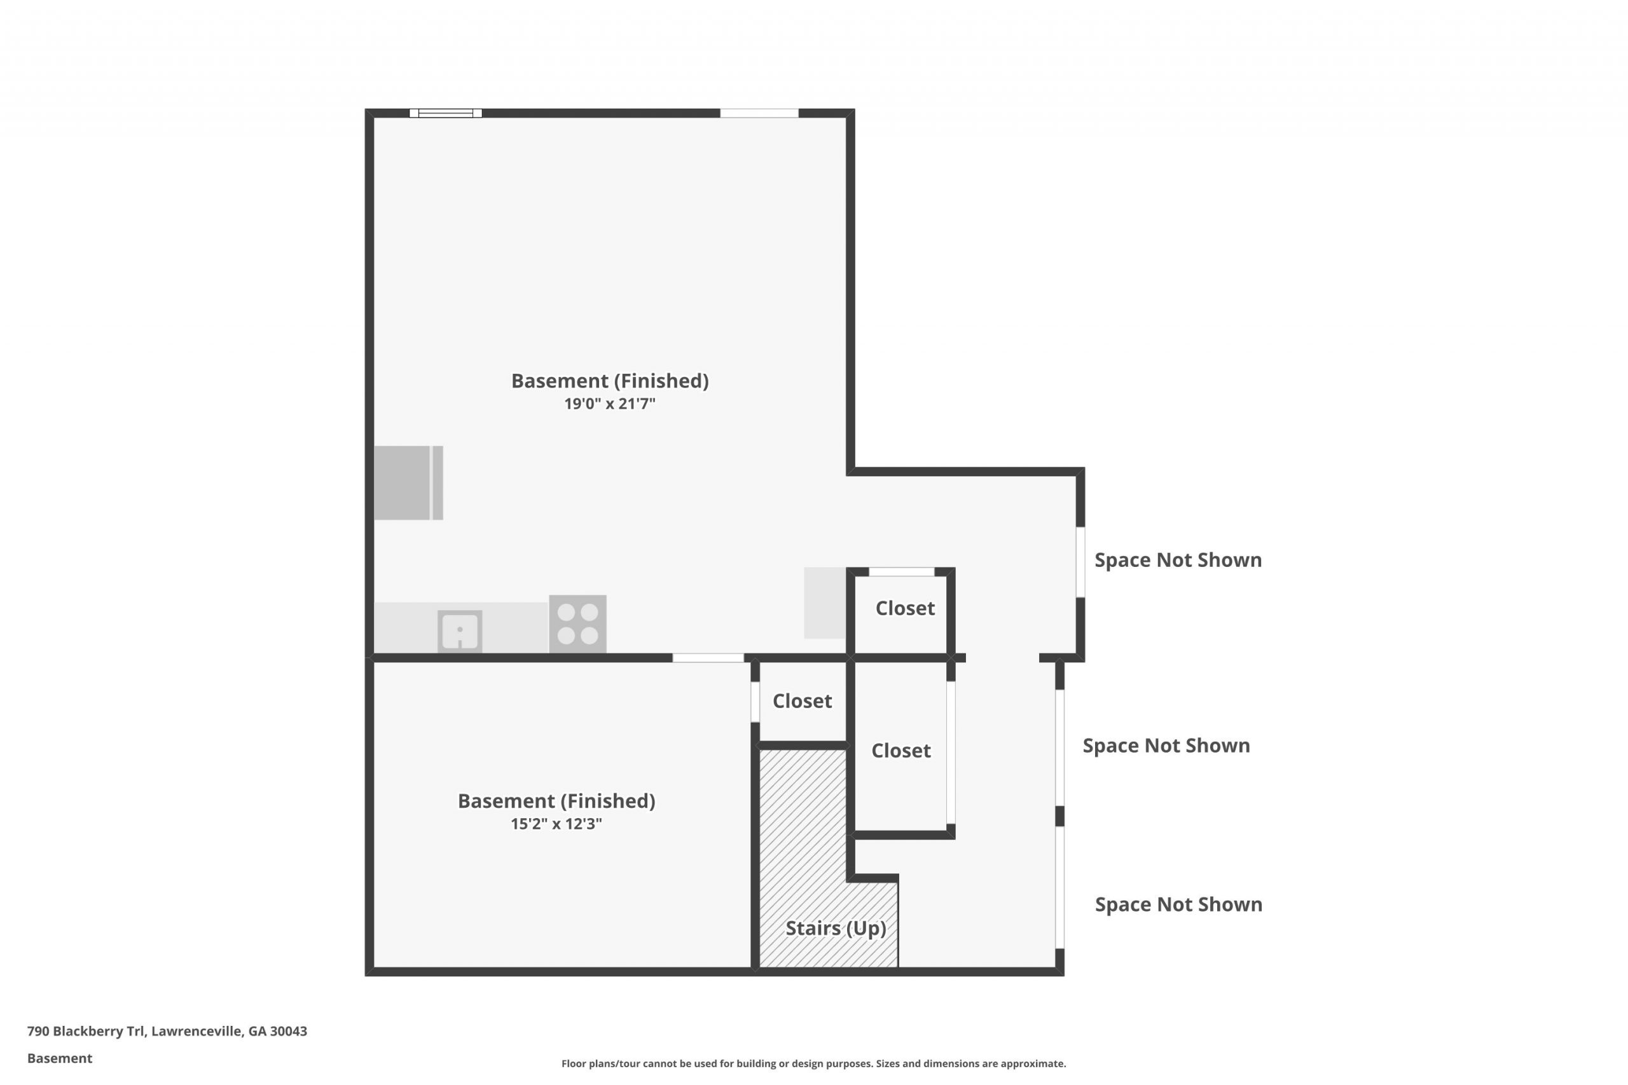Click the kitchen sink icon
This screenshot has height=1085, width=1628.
pyautogui.click(x=460, y=631)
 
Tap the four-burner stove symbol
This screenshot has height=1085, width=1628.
pyautogui.click(x=578, y=624)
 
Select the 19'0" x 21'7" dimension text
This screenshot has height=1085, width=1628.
pyautogui.click(x=610, y=404)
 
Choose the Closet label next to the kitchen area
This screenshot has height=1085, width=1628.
pyautogui.click(x=906, y=608)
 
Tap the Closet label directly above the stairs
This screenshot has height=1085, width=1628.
pyautogui.click(x=802, y=701)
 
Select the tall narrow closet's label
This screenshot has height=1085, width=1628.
pyautogui.click(x=900, y=751)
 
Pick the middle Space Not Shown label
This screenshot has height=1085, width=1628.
pyautogui.click(x=1166, y=745)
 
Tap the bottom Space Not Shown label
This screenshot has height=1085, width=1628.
pyautogui.click(x=1179, y=904)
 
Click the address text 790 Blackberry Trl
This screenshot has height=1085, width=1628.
pyautogui.click(x=86, y=1032)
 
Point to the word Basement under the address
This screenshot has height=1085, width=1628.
pyautogui.click(x=60, y=1058)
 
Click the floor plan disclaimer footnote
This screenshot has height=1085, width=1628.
pyautogui.click(x=813, y=1063)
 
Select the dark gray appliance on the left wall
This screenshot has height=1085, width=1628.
pyautogui.click(x=408, y=483)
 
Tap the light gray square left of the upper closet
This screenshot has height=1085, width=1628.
pyautogui.click(x=825, y=603)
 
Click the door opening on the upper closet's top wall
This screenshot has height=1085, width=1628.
pyautogui.click(x=902, y=571)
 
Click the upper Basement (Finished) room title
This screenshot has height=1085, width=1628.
pyautogui.click(x=610, y=381)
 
